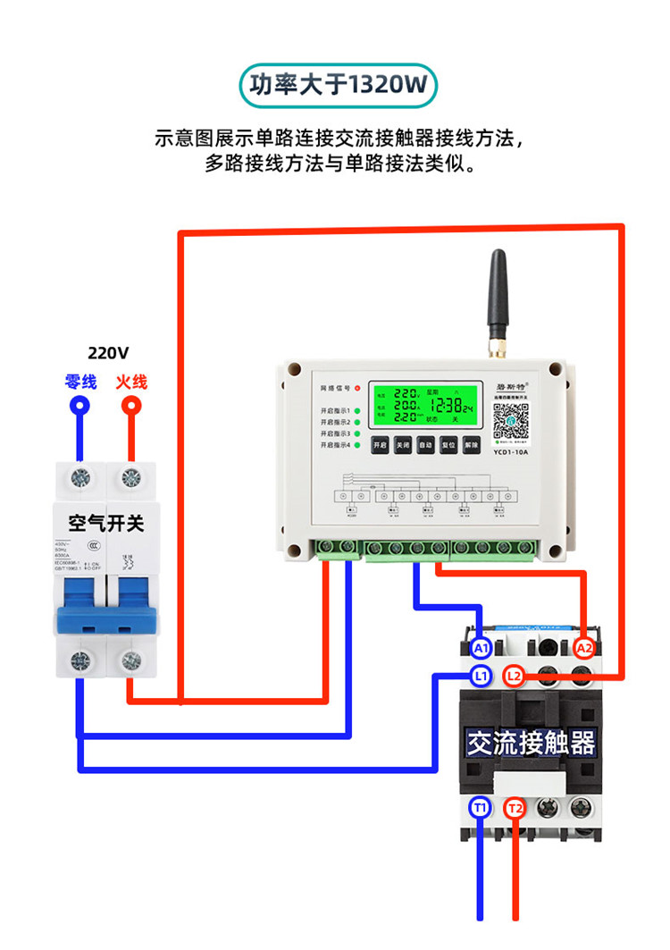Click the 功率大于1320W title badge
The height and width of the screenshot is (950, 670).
(338, 86)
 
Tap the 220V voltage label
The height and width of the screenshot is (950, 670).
(108, 352)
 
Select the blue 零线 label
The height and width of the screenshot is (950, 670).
(80, 382)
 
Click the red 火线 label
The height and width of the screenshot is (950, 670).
(130, 382)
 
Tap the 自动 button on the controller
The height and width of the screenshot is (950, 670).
(425, 444)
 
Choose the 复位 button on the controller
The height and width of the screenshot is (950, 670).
(448, 444)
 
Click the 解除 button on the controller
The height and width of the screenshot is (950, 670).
(471, 444)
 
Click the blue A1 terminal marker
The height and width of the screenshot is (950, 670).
(482, 647)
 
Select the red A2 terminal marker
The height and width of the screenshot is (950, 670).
(584, 647)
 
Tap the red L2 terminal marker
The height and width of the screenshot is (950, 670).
(514, 676)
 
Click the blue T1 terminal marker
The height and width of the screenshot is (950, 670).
(481, 808)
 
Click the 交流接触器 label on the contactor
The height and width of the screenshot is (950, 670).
(531, 743)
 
